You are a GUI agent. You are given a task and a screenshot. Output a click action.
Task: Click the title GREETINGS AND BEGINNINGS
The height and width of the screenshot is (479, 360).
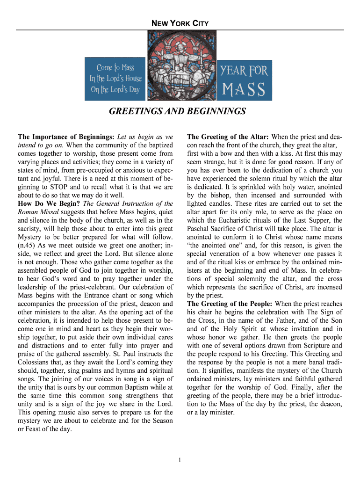(177, 112)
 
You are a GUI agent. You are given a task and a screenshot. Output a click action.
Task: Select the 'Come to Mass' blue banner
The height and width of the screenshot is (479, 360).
(115, 79)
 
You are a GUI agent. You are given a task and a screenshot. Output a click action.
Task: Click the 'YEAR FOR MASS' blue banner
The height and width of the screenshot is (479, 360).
(245, 79)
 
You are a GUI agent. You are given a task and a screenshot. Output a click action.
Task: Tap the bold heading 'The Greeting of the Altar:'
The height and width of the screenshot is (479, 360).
(228, 137)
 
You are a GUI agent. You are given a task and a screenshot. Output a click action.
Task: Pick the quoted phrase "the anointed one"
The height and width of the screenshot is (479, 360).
(211, 246)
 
